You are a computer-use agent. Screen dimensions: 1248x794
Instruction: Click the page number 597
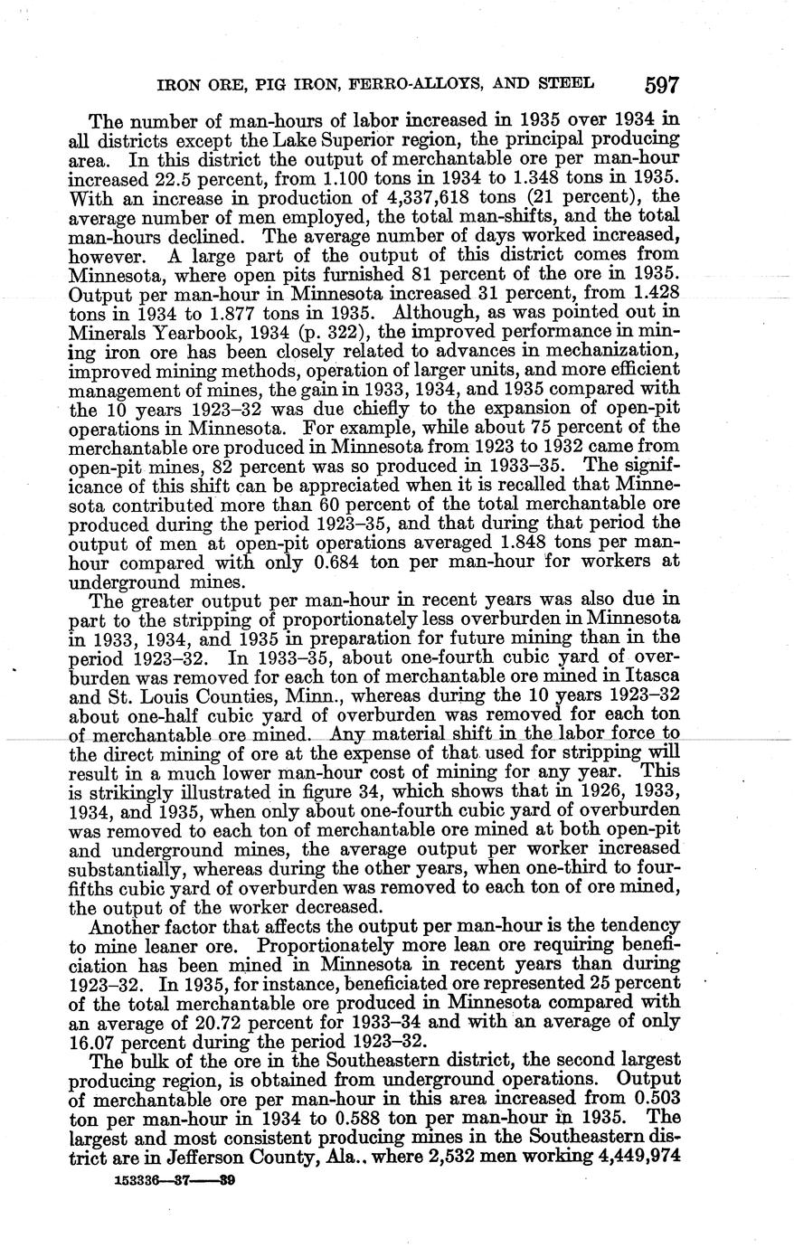662,85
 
